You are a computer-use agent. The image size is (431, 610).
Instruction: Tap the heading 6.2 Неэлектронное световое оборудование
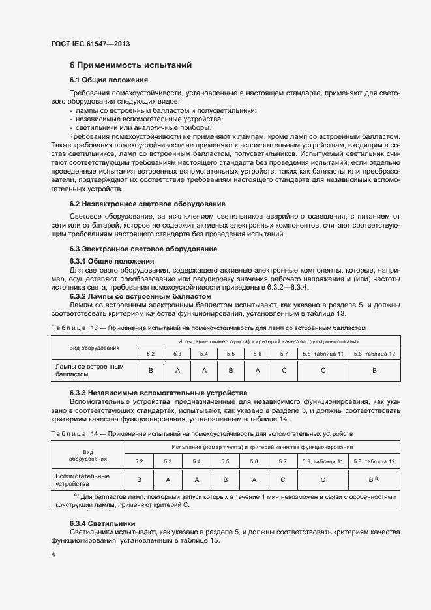(x=147, y=204)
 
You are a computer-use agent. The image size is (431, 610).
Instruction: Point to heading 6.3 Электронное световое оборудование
(x=143, y=249)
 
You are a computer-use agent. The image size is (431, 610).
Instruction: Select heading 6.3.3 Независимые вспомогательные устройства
(x=158, y=393)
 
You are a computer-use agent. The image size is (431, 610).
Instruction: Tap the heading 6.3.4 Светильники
(x=102, y=523)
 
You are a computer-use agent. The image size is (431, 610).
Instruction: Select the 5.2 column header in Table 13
(x=151, y=354)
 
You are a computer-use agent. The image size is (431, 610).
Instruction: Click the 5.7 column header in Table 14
(x=283, y=461)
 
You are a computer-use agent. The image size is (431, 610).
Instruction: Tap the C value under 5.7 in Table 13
(x=284, y=371)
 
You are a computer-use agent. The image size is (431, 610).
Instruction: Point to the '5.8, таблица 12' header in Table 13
(x=374, y=354)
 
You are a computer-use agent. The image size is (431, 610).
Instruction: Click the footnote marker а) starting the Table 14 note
(x=76, y=496)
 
